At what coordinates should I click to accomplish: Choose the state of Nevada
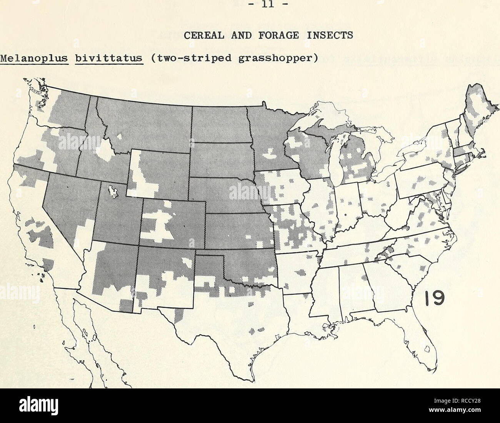67,207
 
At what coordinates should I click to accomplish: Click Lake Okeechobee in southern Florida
426,349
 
